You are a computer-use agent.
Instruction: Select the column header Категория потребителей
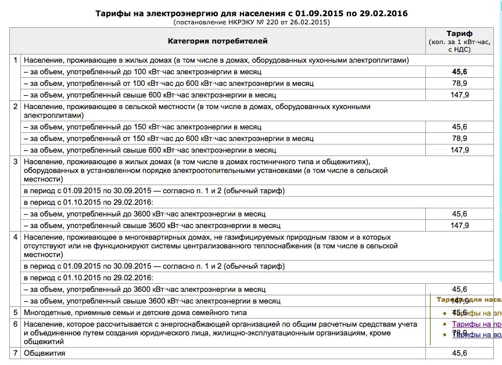(x=218, y=41)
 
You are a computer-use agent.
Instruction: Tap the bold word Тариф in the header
(x=459, y=34)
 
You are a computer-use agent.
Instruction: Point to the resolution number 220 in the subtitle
(x=277, y=22)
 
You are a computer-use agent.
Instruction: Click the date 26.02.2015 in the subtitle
(x=310, y=22)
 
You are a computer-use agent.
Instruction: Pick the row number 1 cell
(x=16, y=60)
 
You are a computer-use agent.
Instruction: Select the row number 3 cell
(x=16, y=161)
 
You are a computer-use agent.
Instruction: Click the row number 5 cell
(x=16, y=312)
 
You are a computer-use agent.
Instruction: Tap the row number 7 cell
(x=16, y=353)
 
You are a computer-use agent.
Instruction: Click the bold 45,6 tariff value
(x=459, y=72)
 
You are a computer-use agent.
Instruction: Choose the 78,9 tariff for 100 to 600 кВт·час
(x=459, y=84)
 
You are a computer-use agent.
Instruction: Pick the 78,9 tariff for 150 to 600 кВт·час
(x=459, y=138)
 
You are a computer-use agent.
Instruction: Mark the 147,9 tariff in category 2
(x=459, y=150)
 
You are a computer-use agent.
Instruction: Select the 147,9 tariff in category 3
(x=459, y=225)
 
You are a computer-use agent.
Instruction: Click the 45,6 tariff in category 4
(x=459, y=289)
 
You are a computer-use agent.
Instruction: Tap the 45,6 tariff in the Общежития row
(x=459, y=353)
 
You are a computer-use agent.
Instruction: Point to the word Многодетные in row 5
(x=46, y=312)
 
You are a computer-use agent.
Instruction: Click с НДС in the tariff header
(x=459, y=50)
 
